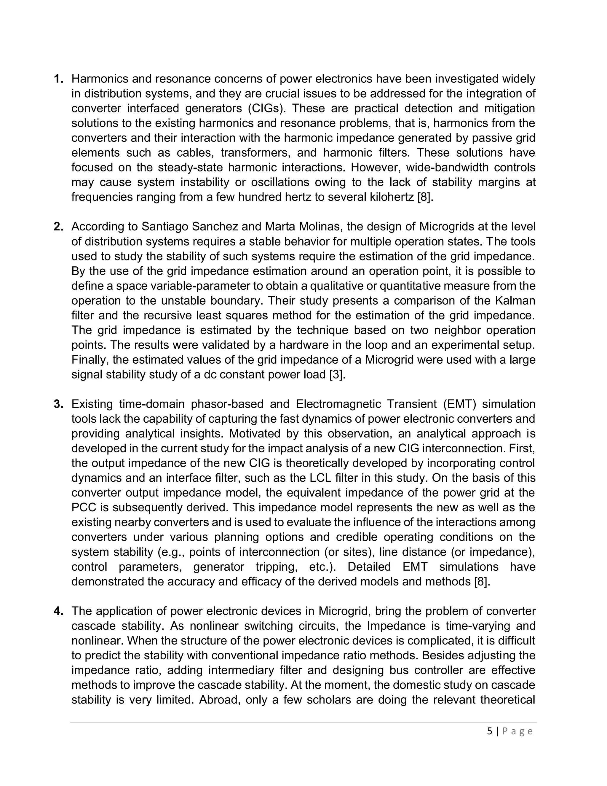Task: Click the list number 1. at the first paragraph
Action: pos(59,79)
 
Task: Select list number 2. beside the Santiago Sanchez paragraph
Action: pos(59,227)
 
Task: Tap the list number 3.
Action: pos(59,404)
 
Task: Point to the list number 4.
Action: pos(59,611)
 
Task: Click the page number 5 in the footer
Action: pos(490,731)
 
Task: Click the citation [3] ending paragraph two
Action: pos(337,375)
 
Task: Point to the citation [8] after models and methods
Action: pos(482,582)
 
